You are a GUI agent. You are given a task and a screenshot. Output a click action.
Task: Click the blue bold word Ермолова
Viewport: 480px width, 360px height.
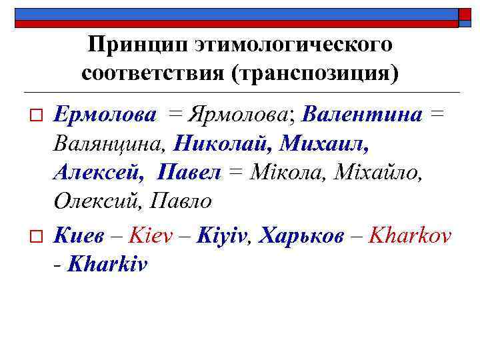pos(105,114)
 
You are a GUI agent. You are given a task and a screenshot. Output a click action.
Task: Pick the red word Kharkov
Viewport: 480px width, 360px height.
pos(410,235)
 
